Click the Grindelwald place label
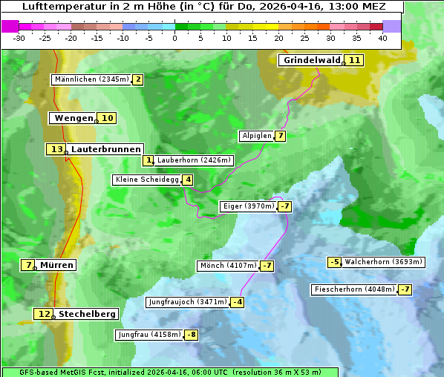pos(312,60)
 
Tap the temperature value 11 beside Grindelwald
pos(355,60)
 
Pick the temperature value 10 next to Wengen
pos(108,118)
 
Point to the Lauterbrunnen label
pos(105,149)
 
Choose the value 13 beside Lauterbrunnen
pos(56,149)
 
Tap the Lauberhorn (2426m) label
pos(195,160)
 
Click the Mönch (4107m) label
pos(228,266)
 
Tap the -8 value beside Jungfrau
pos(192,335)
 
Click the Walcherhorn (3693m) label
pos(384,262)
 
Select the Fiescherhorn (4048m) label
pos(354,289)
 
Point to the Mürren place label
pos(56,265)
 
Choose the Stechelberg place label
pos(87,314)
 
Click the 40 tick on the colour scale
pos(382,38)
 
